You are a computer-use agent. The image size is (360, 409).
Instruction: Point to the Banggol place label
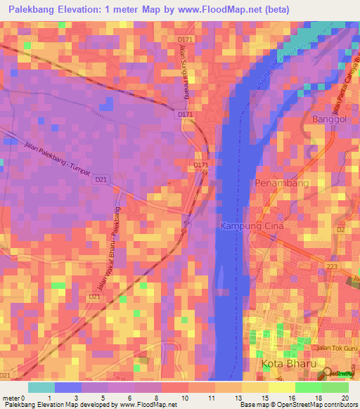329,119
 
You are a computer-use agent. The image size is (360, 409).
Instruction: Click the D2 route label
340,229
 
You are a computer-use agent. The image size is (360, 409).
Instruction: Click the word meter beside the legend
11,398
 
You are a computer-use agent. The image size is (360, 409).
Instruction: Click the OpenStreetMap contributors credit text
310,405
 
